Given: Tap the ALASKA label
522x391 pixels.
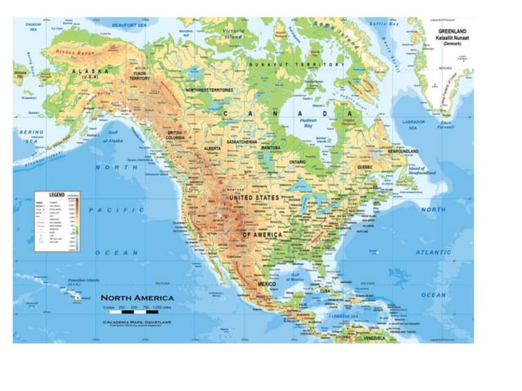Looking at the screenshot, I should (92, 72).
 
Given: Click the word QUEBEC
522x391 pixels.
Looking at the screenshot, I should (365, 167).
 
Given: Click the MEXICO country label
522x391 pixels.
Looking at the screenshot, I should (269, 284).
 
